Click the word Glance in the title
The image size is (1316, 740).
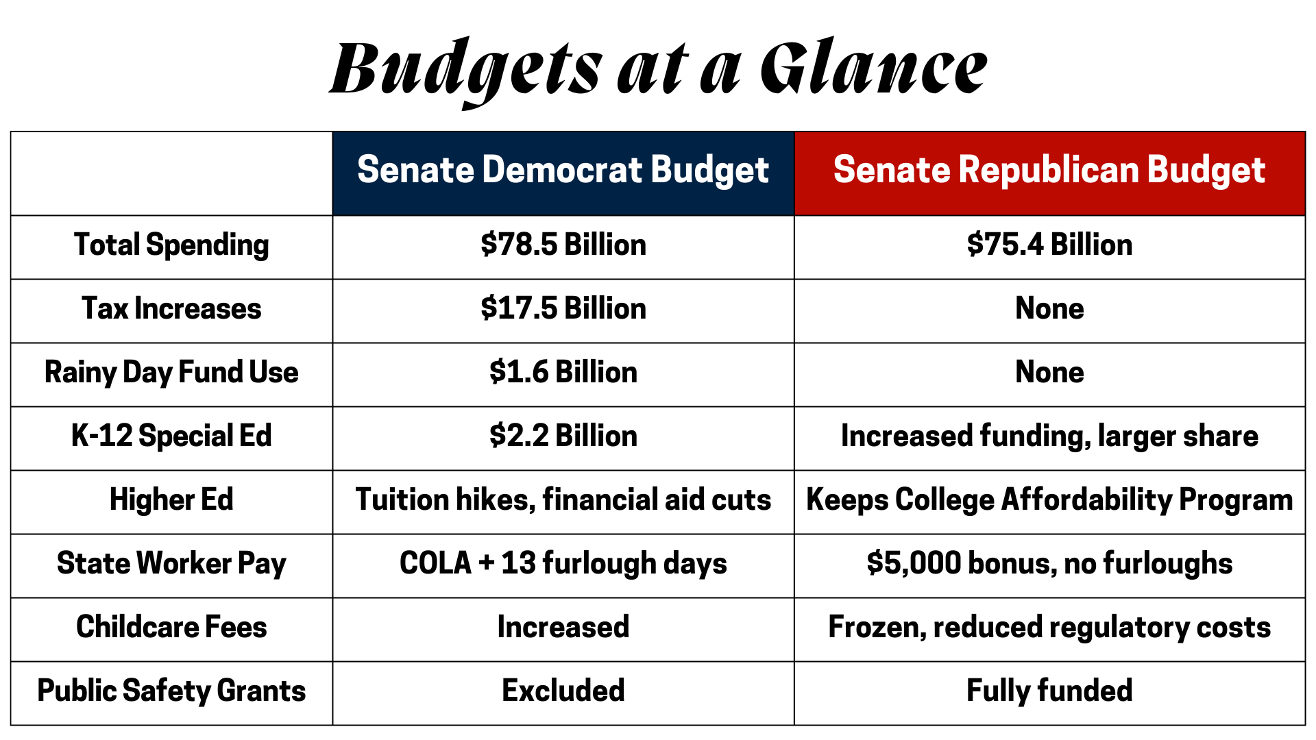[x=874, y=68]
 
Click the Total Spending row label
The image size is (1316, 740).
[x=171, y=245]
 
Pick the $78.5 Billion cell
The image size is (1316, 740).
[x=563, y=245]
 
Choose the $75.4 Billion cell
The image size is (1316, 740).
[x=1049, y=245]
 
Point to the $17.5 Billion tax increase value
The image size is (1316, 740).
[x=563, y=308]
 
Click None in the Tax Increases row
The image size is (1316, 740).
[x=1049, y=308]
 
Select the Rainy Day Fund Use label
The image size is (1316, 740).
[x=171, y=373]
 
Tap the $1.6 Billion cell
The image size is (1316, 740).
[x=563, y=372]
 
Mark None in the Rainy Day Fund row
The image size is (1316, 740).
[x=1049, y=372]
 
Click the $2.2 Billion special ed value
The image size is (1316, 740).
[x=563, y=436]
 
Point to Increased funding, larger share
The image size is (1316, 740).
[x=1049, y=436]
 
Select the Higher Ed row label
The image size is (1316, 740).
[x=171, y=500]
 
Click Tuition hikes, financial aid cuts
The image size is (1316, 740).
[x=563, y=500]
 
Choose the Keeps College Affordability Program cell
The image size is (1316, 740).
[x=1049, y=500]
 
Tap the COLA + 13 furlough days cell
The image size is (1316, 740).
[x=563, y=564]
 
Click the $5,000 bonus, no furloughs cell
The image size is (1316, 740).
[x=1049, y=564]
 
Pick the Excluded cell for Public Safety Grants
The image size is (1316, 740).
[x=563, y=691]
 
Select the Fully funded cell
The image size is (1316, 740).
[x=1049, y=691]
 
